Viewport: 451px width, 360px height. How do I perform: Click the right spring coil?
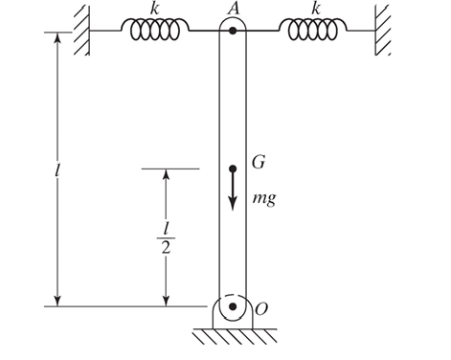(x=307, y=31)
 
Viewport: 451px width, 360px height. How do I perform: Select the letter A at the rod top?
(x=233, y=10)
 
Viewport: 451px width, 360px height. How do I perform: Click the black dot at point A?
(x=233, y=31)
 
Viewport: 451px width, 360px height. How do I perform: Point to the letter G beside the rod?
(x=258, y=162)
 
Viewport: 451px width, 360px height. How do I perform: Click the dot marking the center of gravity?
(x=232, y=169)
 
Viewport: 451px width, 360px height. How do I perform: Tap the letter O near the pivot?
(x=259, y=307)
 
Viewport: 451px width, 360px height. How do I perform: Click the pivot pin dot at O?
(x=232, y=306)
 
